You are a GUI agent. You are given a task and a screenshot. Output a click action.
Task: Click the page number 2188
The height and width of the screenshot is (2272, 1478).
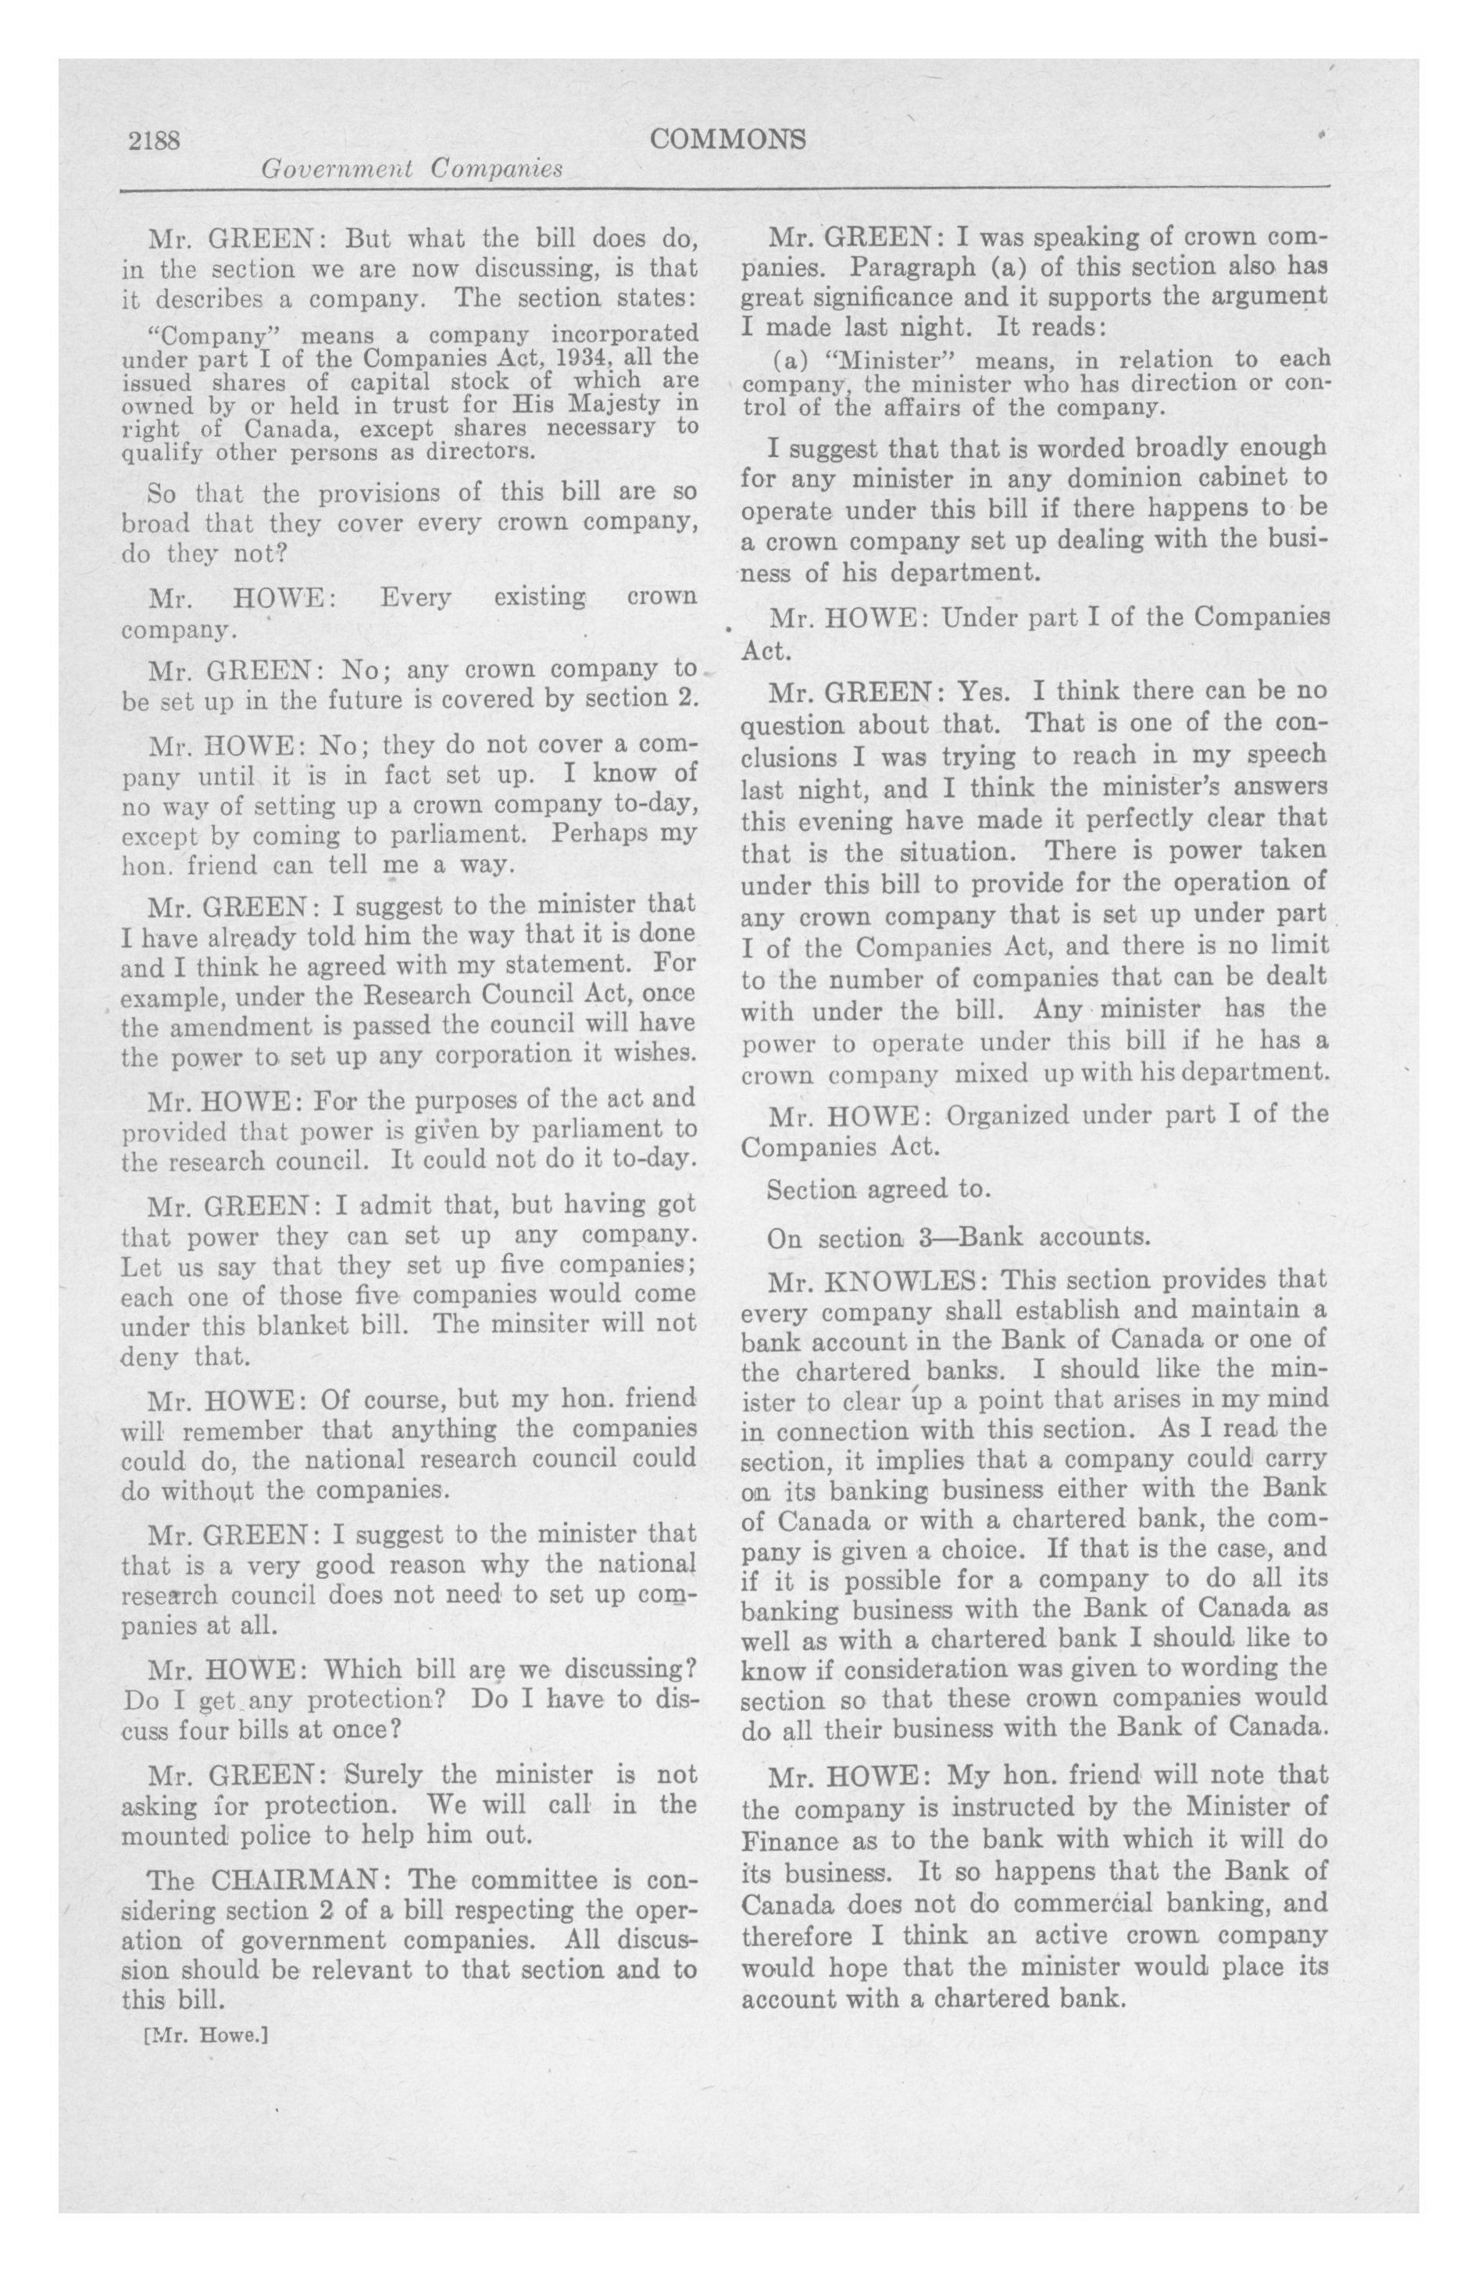pyautogui.click(x=155, y=141)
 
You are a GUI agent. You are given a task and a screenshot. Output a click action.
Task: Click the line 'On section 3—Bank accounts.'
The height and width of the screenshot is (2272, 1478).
pyautogui.click(x=959, y=1238)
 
